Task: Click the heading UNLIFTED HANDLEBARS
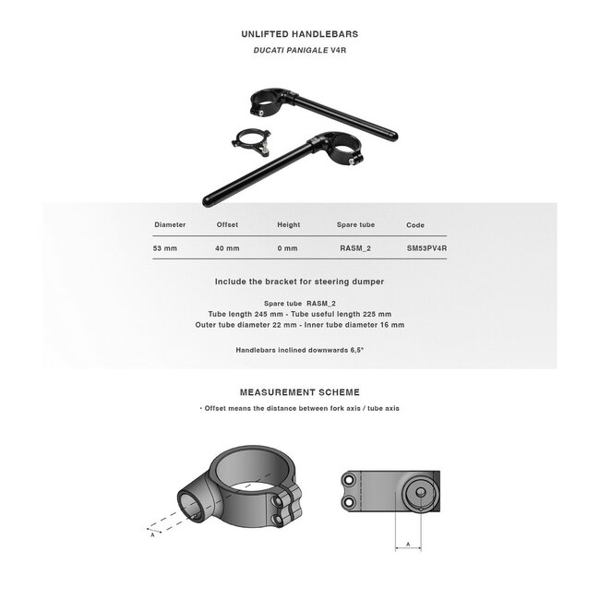(x=299, y=34)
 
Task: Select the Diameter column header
(x=170, y=224)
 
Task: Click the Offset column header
(x=227, y=224)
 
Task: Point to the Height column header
(x=289, y=224)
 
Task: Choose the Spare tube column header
(x=355, y=224)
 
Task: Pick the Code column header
(x=415, y=224)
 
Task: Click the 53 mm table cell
(x=165, y=248)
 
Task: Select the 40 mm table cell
(x=227, y=248)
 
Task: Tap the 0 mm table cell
(x=287, y=248)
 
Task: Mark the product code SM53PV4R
(x=426, y=248)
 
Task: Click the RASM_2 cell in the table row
(x=355, y=248)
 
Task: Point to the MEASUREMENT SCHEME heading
(x=299, y=392)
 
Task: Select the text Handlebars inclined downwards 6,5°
(x=299, y=351)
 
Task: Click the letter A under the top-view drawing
(x=408, y=546)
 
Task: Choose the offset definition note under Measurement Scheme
(x=299, y=408)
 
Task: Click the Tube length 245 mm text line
(x=299, y=314)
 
